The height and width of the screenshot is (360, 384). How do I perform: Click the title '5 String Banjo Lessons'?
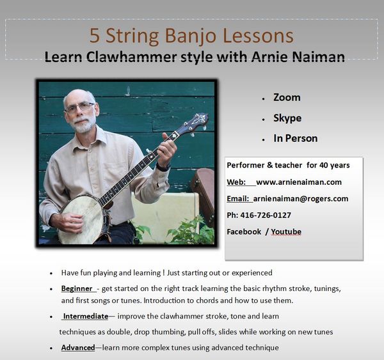[x=191, y=36]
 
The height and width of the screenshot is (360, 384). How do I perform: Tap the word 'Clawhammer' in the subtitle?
[x=131, y=57]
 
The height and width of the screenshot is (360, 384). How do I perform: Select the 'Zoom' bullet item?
[x=287, y=97]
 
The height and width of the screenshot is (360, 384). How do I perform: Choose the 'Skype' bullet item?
[x=287, y=118]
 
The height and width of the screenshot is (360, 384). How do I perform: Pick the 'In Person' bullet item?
[x=295, y=138]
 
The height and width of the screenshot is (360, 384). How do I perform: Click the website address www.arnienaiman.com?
[x=299, y=182]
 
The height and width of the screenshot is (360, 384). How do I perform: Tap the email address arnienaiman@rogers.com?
[x=301, y=198]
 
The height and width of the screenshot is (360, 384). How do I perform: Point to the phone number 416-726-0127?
[x=266, y=215]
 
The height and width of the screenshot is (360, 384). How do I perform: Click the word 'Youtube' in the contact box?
[x=286, y=231]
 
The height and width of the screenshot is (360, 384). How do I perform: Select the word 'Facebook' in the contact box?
[x=244, y=231]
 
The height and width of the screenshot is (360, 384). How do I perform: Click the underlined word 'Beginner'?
[x=77, y=288]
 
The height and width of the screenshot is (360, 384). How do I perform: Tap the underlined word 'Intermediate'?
[x=86, y=316]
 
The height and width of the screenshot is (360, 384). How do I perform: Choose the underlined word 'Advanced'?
[x=78, y=347]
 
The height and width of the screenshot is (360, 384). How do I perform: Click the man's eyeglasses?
[x=79, y=107]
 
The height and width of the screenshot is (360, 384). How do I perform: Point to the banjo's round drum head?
[x=81, y=219]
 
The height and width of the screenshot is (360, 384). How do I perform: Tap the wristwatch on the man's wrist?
[x=163, y=168]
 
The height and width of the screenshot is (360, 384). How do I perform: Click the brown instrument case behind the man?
[x=202, y=191]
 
